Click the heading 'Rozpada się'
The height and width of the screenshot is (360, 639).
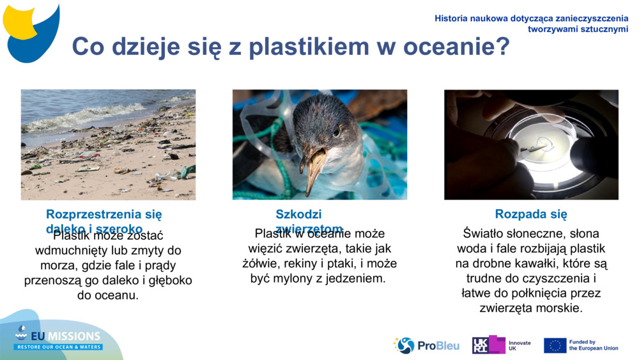pos(531,215)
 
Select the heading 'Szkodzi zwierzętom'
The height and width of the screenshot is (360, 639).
pos(309,222)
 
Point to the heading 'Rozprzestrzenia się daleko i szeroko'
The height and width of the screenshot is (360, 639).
pos(104,221)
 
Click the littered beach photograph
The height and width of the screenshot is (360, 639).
pos(108,145)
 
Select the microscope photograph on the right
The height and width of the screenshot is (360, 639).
pos(531,145)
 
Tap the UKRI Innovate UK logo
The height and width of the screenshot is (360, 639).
pos(501,345)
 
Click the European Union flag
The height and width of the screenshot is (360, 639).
pos(555,345)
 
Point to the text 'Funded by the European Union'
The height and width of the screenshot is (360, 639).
pos(593,345)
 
